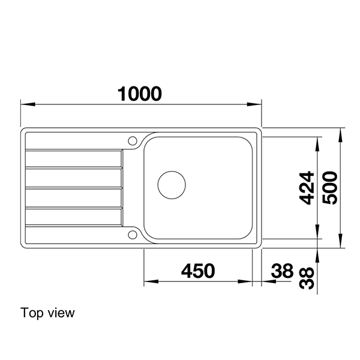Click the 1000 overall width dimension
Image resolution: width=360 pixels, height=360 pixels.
tap(140, 93)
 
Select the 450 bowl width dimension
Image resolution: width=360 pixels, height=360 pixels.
tap(197, 271)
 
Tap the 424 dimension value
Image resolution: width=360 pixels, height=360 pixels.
tap(306, 188)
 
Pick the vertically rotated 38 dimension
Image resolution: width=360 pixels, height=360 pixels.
tap(307, 277)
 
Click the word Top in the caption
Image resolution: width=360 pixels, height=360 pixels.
tap(30, 313)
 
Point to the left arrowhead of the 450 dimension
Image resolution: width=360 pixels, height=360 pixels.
tap(148, 281)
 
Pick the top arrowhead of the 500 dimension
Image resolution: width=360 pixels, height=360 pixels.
tap(341, 132)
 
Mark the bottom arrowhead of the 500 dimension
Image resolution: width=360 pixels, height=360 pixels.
tap(341, 244)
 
